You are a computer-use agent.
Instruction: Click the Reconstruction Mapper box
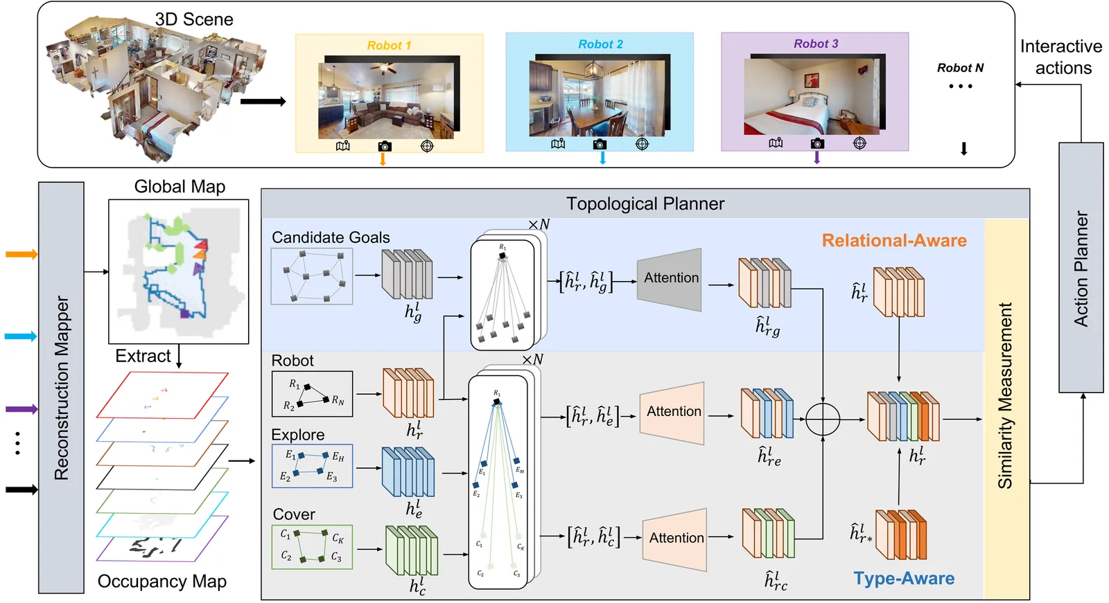(x=61, y=388)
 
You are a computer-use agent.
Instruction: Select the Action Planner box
(x=1081, y=268)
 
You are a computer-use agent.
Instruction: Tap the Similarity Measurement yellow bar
(x=1006, y=408)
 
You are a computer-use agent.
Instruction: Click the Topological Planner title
(x=645, y=204)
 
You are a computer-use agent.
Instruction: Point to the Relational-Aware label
(x=894, y=241)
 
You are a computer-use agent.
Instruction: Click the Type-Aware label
(x=904, y=579)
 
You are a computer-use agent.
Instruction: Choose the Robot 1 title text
(x=389, y=46)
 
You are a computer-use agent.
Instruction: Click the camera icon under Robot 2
(x=600, y=144)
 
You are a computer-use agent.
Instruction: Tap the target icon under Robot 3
(x=859, y=143)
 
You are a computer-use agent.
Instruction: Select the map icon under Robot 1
(x=342, y=146)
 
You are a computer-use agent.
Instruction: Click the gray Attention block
(x=670, y=278)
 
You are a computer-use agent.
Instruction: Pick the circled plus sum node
(x=823, y=419)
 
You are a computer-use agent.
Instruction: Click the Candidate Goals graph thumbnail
(x=312, y=276)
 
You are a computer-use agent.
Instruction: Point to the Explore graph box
(x=312, y=466)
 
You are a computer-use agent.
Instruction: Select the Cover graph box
(x=312, y=547)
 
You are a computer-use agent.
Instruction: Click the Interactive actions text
(x=1061, y=57)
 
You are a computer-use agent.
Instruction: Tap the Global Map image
(x=178, y=271)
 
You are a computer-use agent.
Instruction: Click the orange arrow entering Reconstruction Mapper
(x=21, y=255)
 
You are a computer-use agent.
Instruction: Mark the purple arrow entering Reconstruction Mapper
(x=21, y=409)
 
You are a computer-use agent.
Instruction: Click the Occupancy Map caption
(x=161, y=582)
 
